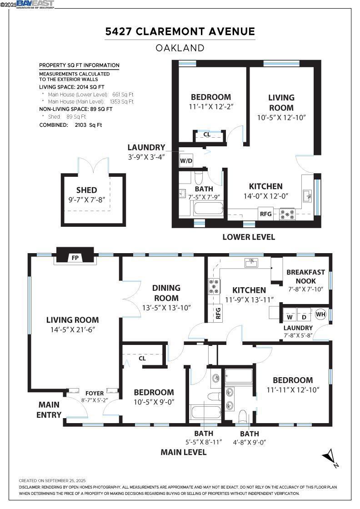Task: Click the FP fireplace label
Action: tap(75, 258)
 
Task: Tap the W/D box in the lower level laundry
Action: tap(186, 161)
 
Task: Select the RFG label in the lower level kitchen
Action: tap(265, 214)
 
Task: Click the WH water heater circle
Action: tap(320, 314)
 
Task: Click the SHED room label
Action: tap(87, 190)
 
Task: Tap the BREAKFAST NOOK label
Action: tap(305, 277)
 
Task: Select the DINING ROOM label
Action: tap(166, 293)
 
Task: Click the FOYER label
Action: tap(95, 394)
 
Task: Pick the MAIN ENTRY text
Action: tap(49, 409)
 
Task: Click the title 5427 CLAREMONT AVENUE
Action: tap(180, 31)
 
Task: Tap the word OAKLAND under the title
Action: tap(180, 48)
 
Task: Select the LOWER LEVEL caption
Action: tap(249, 237)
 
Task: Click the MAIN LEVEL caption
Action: tap(184, 452)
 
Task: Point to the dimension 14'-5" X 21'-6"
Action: tap(72, 330)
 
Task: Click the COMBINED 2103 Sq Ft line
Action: tap(70, 125)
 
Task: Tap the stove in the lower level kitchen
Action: tap(288, 214)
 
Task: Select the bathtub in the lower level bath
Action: tap(209, 208)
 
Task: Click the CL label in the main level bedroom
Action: tap(142, 359)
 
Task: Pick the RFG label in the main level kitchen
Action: tap(218, 313)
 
